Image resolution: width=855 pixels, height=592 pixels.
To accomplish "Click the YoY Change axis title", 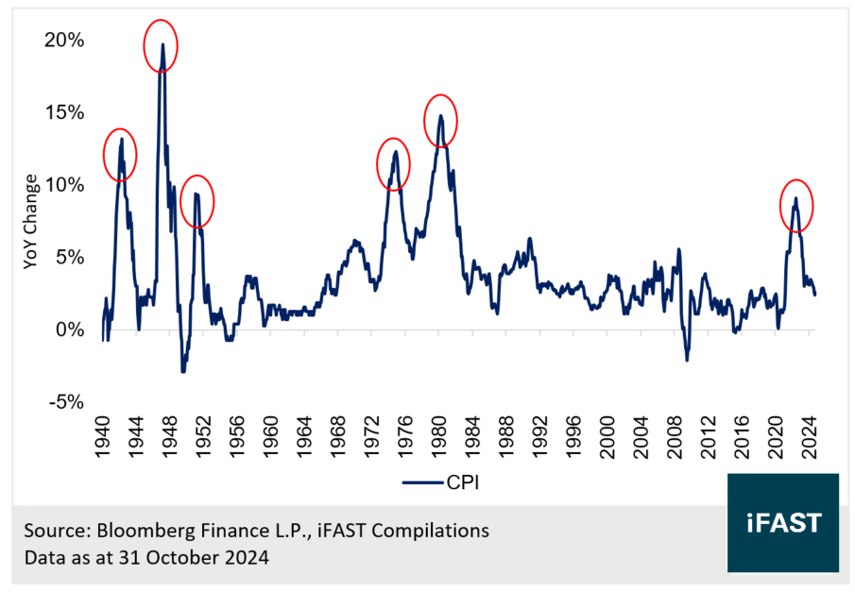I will (31, 221).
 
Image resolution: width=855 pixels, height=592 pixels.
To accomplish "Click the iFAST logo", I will (783, 522).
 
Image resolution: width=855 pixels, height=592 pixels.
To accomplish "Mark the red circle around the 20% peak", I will (161, 44).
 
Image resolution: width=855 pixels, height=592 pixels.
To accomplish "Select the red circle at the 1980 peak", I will (439, 119).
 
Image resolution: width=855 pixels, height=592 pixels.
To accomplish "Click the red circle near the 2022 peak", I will (796, 205).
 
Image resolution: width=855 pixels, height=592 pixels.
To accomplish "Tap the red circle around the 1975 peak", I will (394, 162).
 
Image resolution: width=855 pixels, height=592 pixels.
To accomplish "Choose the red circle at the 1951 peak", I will (197, 200).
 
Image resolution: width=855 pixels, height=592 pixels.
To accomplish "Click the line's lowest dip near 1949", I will (182, 371).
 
